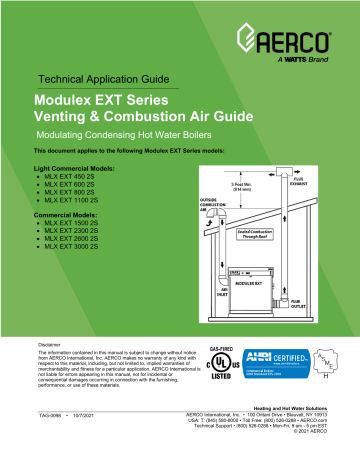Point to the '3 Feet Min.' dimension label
[211, 185]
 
